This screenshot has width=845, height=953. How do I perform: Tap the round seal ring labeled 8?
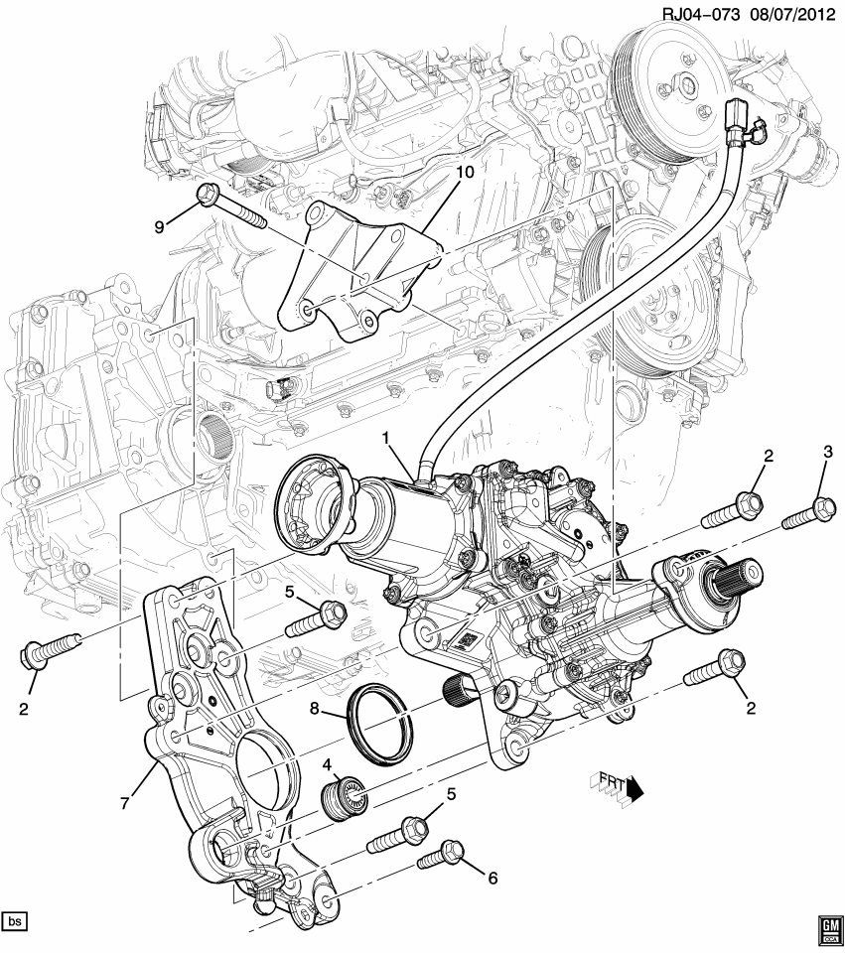coord(377,724)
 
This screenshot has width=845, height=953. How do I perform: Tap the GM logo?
coord(828,930)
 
